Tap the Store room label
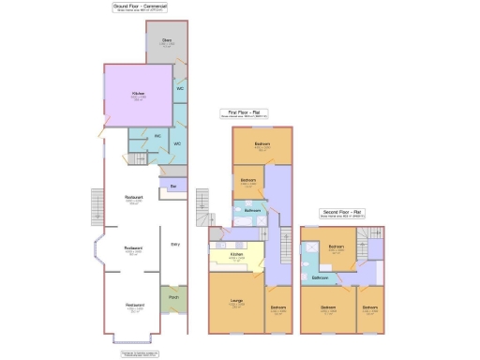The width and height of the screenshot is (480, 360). pos(167,40)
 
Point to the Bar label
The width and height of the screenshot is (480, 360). pos(173,187)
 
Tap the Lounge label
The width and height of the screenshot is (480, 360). pos(236,300)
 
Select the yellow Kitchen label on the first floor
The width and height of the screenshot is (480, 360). pos(236,254)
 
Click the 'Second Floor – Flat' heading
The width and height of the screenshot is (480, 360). pos(345,212)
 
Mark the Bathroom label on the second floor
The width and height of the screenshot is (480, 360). pos(320,278)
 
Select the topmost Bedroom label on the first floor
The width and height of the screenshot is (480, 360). pos(262,144)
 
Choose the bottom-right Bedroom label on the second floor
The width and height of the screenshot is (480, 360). pos(371,307)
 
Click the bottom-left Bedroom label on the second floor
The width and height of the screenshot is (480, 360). pos(328,307)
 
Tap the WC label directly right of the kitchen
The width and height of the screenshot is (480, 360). pos(179,89)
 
